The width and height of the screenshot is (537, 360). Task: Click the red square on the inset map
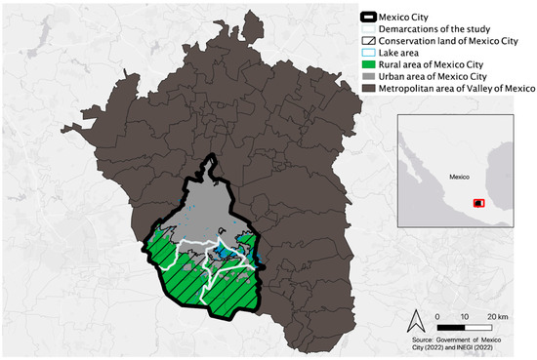(478, 203)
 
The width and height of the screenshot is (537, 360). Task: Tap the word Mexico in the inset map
(460, 178)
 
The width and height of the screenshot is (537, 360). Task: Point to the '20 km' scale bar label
(497, 317)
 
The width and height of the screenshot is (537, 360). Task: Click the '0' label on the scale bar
(438, 317)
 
